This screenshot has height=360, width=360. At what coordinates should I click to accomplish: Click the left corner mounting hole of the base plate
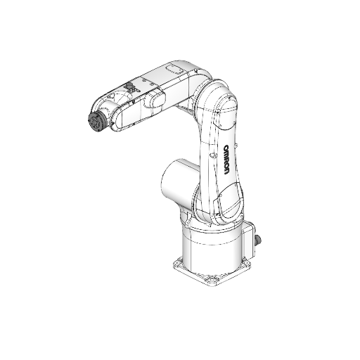point(177,265)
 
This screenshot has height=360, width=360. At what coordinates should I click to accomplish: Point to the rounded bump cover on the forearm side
point(156,102)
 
